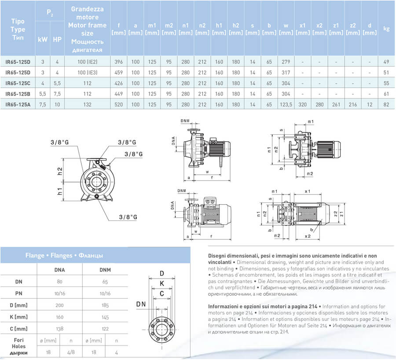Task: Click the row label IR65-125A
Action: (x=18, y=104)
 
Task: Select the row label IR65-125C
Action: (x=18, y=83)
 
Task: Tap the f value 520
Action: (x=118, y=104)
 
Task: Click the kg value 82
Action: (x=386, y=104)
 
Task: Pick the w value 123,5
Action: (x=286, y=104)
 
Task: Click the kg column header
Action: (x=386, y=29)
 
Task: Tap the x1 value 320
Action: (x=303, y=104)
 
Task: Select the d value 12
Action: (x=370, y=104)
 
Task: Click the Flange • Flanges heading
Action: (x=64, y=255)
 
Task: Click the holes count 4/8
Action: (x=72, y=352)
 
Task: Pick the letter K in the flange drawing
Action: (x=162, y=283)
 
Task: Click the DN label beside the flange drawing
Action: (x=141, y=304)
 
